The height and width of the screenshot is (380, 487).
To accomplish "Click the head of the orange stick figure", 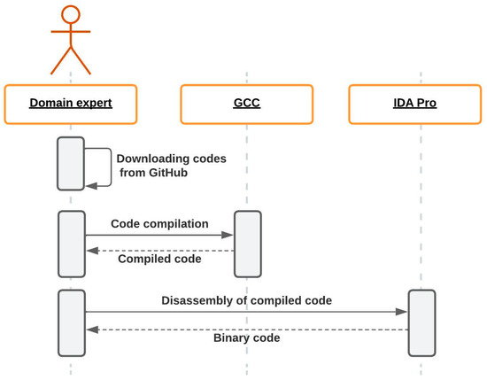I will click(x=71, y=16).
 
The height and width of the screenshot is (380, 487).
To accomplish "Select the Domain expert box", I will click(x=71, y=104).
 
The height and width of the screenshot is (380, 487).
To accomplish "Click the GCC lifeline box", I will click(x=247, y=104).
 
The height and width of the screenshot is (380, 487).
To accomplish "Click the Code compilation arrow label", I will click(x=159, y=224).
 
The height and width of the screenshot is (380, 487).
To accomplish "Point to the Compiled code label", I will click(x=159, y=260).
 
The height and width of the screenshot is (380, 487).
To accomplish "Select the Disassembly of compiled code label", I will click(x=247, y=300).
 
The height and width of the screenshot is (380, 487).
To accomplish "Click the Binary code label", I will click(x=247, y=337).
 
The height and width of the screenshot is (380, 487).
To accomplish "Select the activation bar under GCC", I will click(x=248, y=244).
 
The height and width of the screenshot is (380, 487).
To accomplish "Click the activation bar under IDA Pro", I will click(x=422, y=321).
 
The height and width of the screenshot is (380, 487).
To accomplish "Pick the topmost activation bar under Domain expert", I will click(x=71, y=163).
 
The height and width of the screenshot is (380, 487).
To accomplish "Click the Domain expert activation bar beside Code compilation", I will click(x=71, y=244).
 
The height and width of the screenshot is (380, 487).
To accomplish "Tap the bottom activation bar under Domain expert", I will click(x=71, y=321).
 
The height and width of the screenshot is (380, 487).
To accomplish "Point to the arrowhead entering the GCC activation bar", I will click(x=229, y=235).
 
